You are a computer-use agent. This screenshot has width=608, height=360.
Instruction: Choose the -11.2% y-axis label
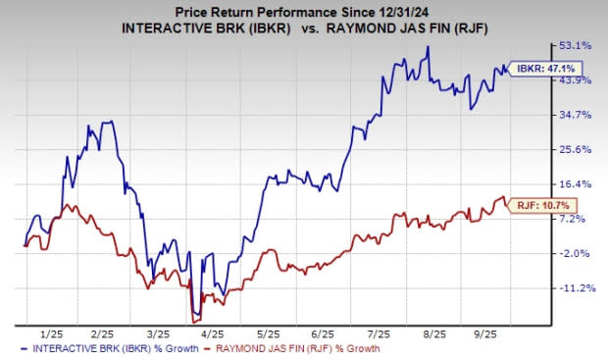coord(575,288)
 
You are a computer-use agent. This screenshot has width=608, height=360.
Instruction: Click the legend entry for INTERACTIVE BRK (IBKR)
coord(103,348)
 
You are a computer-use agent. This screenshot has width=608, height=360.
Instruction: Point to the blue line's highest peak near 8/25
coord(427,47)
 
